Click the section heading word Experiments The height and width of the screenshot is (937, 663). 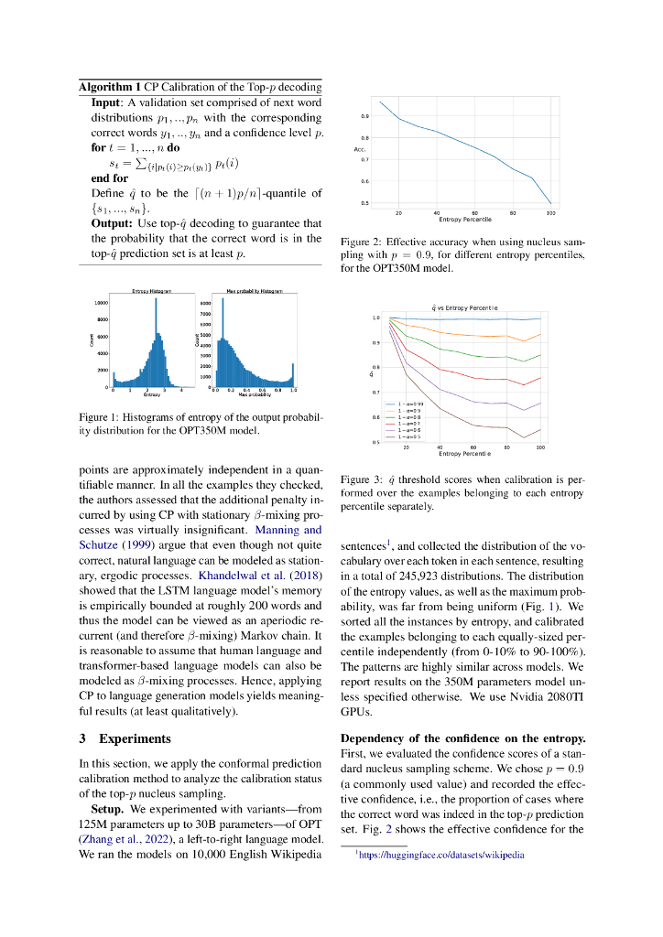[136, 738]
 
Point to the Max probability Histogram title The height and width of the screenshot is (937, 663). [255, 290]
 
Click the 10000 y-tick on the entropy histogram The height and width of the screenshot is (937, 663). [101, 302]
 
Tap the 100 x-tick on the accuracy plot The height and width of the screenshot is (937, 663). [550, 212]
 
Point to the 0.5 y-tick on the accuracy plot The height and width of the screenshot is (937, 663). [365, 203]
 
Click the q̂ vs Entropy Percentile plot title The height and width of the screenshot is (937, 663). [464, 307]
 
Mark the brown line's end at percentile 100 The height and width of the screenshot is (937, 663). [541, 430]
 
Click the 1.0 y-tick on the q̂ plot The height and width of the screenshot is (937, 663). [375, 318]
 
